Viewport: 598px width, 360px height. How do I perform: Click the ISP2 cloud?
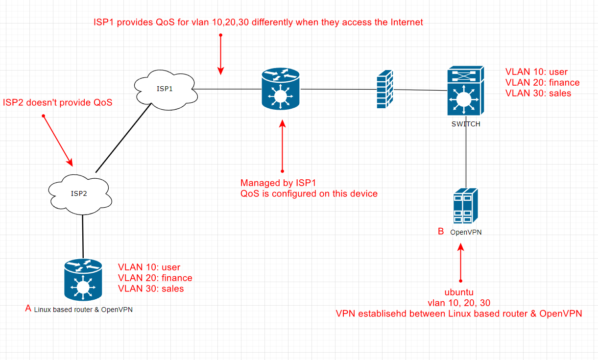80,193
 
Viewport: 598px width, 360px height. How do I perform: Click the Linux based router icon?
83,280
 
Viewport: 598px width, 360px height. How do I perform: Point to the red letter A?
28,308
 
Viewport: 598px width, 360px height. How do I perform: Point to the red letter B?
440,231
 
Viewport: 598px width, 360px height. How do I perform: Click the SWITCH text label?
465,124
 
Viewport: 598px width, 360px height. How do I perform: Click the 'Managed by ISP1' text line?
278,183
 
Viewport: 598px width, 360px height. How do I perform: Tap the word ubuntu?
460,292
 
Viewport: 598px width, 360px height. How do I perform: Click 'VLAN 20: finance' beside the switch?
542,82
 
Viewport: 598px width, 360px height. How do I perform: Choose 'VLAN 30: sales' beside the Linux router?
151,288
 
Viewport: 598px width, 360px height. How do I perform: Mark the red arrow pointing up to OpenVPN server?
460,262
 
